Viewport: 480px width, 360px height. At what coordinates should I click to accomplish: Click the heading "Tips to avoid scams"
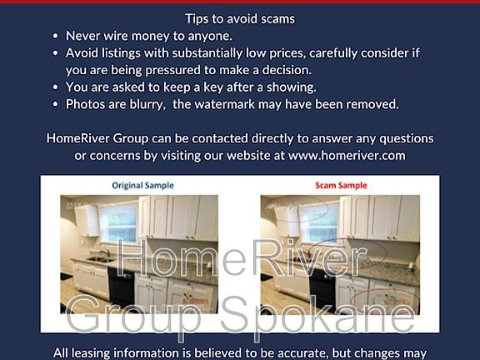[x=240, y=19]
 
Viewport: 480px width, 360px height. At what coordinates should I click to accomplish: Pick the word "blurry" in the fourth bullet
[x=147, y=105]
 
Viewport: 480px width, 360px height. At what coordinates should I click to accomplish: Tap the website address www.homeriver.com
[x=347, y=156]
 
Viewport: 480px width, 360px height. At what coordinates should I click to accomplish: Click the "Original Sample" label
[x=142, y=185]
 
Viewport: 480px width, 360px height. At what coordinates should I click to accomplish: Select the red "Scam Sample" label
[x=341, y=185]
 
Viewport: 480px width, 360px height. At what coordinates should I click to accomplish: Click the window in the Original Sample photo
[x=119, y=222]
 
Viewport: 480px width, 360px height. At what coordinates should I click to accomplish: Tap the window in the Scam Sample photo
[x=319, y=222]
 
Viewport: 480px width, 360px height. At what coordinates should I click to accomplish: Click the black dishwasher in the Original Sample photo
[x=121, y=287]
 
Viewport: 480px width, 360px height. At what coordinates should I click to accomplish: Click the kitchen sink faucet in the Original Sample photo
[x=106, y=253]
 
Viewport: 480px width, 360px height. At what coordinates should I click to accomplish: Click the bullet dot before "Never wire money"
[x=55, y=36]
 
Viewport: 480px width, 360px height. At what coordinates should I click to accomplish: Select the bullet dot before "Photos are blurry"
[x=55, y=104]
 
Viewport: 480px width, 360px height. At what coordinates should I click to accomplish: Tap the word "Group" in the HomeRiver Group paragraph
[x=130, y=138]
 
